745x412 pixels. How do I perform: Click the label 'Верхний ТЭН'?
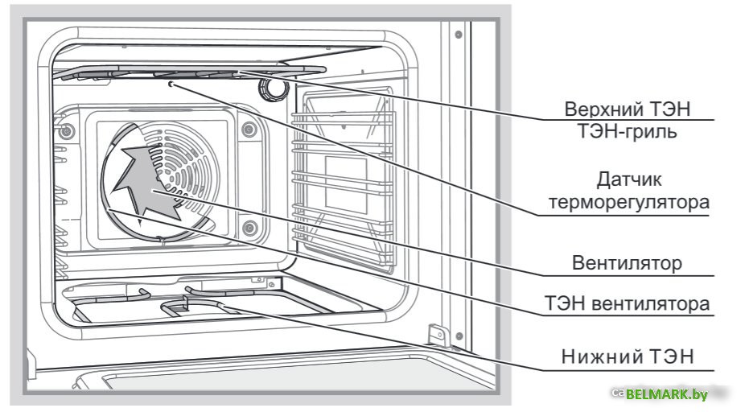(x=628, y=108)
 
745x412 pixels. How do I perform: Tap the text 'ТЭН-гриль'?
(x=630, y=131)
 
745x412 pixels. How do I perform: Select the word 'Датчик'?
(x=630, y=178)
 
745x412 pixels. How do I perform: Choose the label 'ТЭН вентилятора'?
(x=628, y=303)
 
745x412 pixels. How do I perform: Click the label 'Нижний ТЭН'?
(x=629, y=356)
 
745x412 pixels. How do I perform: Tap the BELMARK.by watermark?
(x=665, y=393)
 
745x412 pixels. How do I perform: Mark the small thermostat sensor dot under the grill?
(x=171, y=84)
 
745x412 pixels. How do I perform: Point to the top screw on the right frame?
(x=457, y=35)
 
